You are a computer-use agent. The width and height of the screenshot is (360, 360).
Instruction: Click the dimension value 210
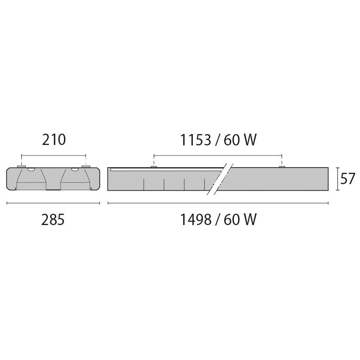click(54, 140)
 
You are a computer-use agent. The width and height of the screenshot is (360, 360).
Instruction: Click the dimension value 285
click(53, 220)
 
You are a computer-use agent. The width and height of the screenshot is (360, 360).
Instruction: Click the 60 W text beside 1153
click(240, 140)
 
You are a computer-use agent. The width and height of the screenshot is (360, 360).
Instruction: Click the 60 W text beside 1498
click(240, 220)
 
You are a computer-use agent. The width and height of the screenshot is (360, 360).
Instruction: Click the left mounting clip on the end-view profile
click(21, 166)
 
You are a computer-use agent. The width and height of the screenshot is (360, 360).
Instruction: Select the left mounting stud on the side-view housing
click(153, 166)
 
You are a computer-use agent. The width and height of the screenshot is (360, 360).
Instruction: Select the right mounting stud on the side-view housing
click(282, 166)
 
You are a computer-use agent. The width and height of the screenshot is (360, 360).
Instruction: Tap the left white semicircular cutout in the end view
click(31, 168)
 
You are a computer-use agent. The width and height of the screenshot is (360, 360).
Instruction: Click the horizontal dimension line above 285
click(53, 203)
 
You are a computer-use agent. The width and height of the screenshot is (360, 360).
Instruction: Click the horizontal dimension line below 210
click(54, 155)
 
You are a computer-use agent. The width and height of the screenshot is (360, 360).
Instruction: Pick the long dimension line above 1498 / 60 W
click(218, 203)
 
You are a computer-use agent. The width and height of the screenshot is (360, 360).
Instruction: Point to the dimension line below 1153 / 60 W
click(218, 155)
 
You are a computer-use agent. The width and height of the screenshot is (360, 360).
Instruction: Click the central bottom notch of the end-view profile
click(53, 188)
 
